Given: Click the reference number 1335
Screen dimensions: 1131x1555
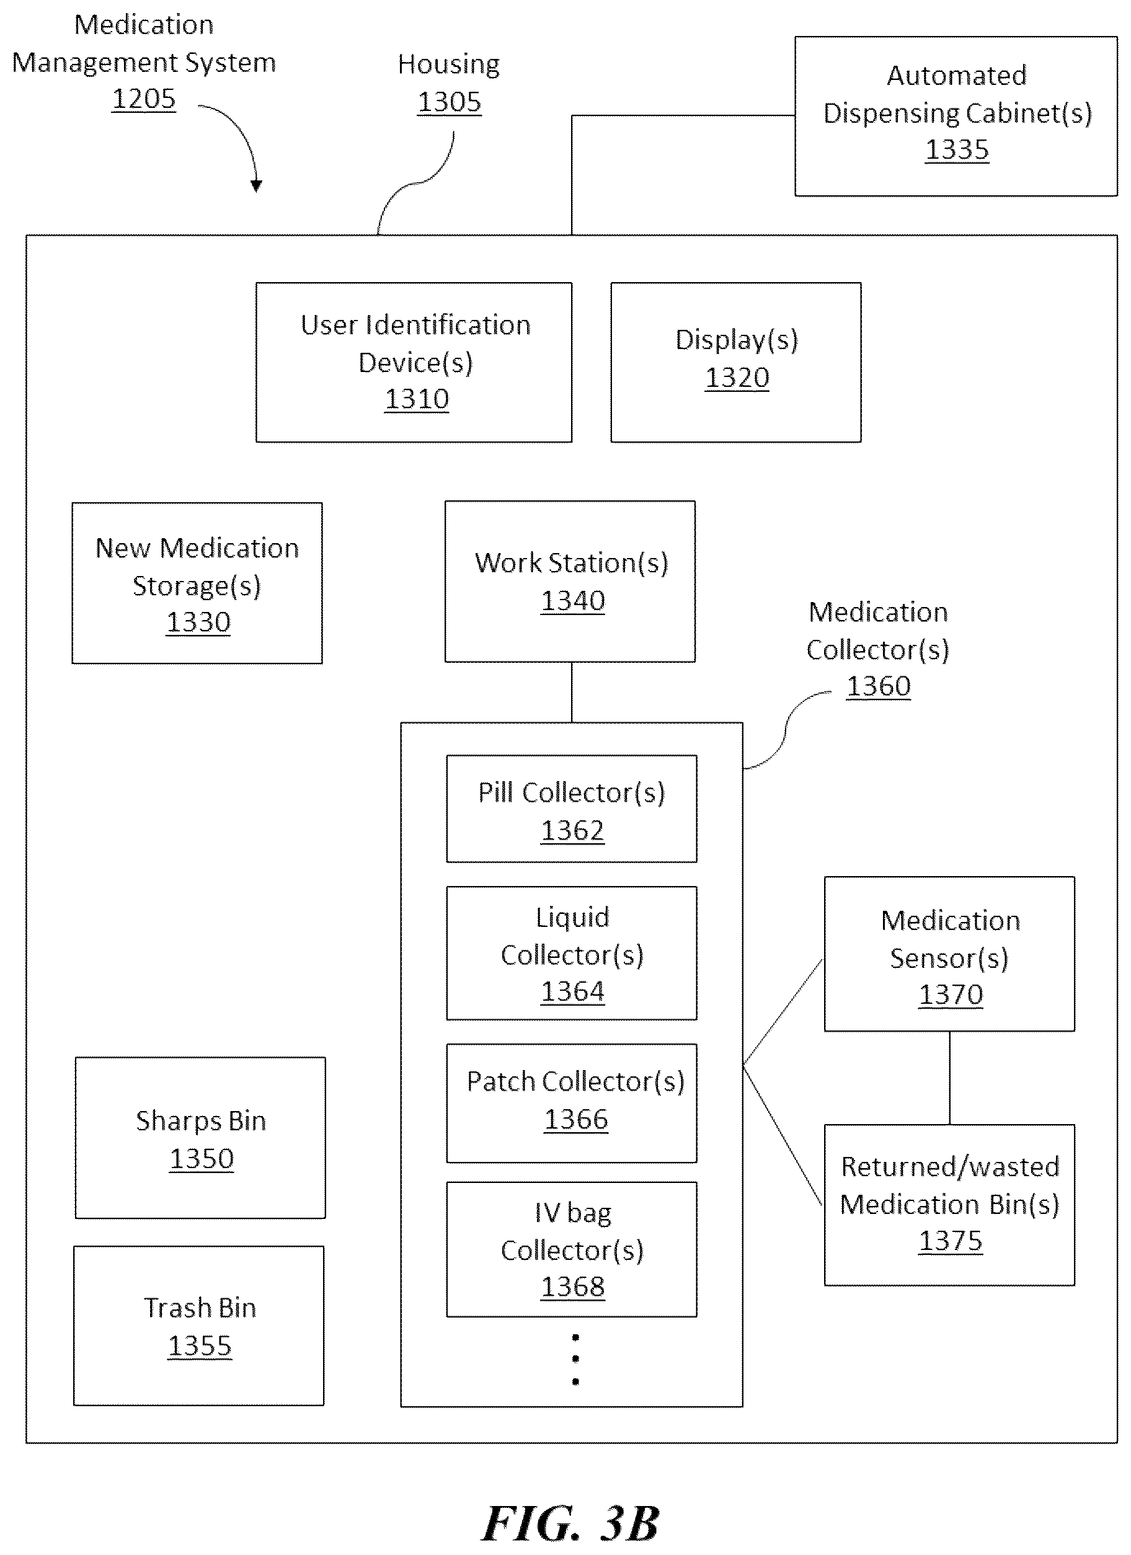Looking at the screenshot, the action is (957, 149).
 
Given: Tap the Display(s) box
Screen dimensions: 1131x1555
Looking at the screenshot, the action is (736, 362).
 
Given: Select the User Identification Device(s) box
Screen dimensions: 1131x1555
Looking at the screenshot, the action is (414, 362).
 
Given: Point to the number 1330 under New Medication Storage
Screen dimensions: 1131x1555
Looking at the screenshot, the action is (198, 622).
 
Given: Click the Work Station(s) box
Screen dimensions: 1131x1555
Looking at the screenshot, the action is (570, 582).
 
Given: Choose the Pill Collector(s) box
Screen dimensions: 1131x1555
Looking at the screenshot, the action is (571, 809).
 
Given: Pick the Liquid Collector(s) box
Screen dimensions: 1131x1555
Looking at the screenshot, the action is (571, 953).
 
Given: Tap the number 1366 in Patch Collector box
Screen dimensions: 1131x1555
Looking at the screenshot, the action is (575, 1119).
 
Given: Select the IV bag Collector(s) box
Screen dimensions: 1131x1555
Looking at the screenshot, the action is (571, 1249).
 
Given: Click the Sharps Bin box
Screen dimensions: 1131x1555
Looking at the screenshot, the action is (200, 1138).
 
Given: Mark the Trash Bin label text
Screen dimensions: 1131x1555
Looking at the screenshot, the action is (200, 1308).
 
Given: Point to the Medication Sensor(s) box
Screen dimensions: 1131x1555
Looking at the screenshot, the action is (949, 954).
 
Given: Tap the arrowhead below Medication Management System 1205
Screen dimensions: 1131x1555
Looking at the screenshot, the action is (257, 186).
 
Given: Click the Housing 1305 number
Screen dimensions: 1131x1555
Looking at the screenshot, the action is (450, 102).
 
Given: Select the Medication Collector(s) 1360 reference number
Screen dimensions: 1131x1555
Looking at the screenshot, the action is (879, 686).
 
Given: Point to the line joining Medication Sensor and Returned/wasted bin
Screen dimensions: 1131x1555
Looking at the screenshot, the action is (949, 1078).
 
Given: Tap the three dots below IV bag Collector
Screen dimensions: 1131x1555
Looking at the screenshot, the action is (575, 1359).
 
